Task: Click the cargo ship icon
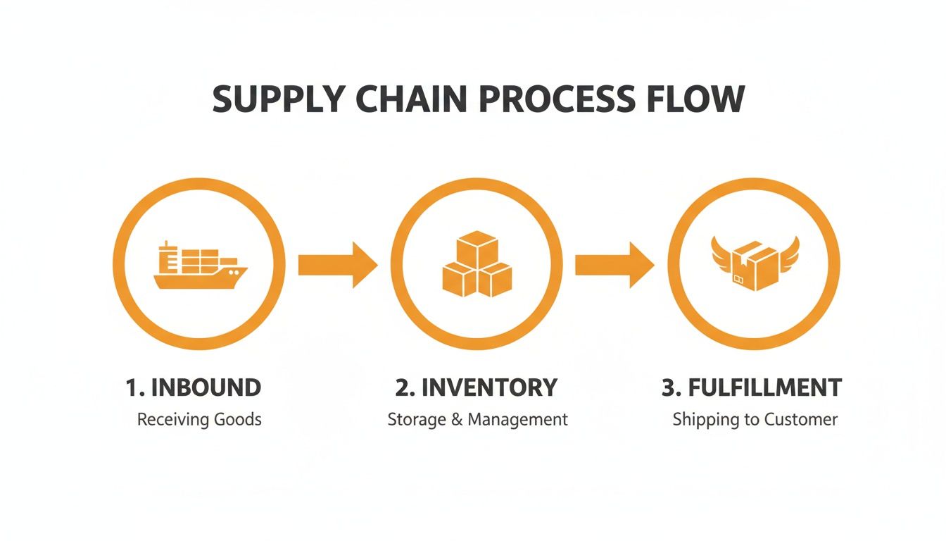pyautogui.click(x=200, y=266)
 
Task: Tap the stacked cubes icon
pyautogui.click(x=477, y=264)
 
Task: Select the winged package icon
pyautogui.click(x=752, y=264)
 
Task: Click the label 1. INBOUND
pyautogui.click(x=194, y=387)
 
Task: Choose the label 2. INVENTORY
pyautogui.click(x=477, y=387)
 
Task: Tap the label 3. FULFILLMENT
pyautogui.click(x=752, y=387)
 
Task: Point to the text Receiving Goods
pyautogui.click(x=199, y=420)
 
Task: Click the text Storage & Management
pyautogui.click(x=477, y=420)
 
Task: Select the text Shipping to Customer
pyautogui.click(x=755, y=420)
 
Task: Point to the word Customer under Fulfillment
pyautogui.click(x=802, y=420)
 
